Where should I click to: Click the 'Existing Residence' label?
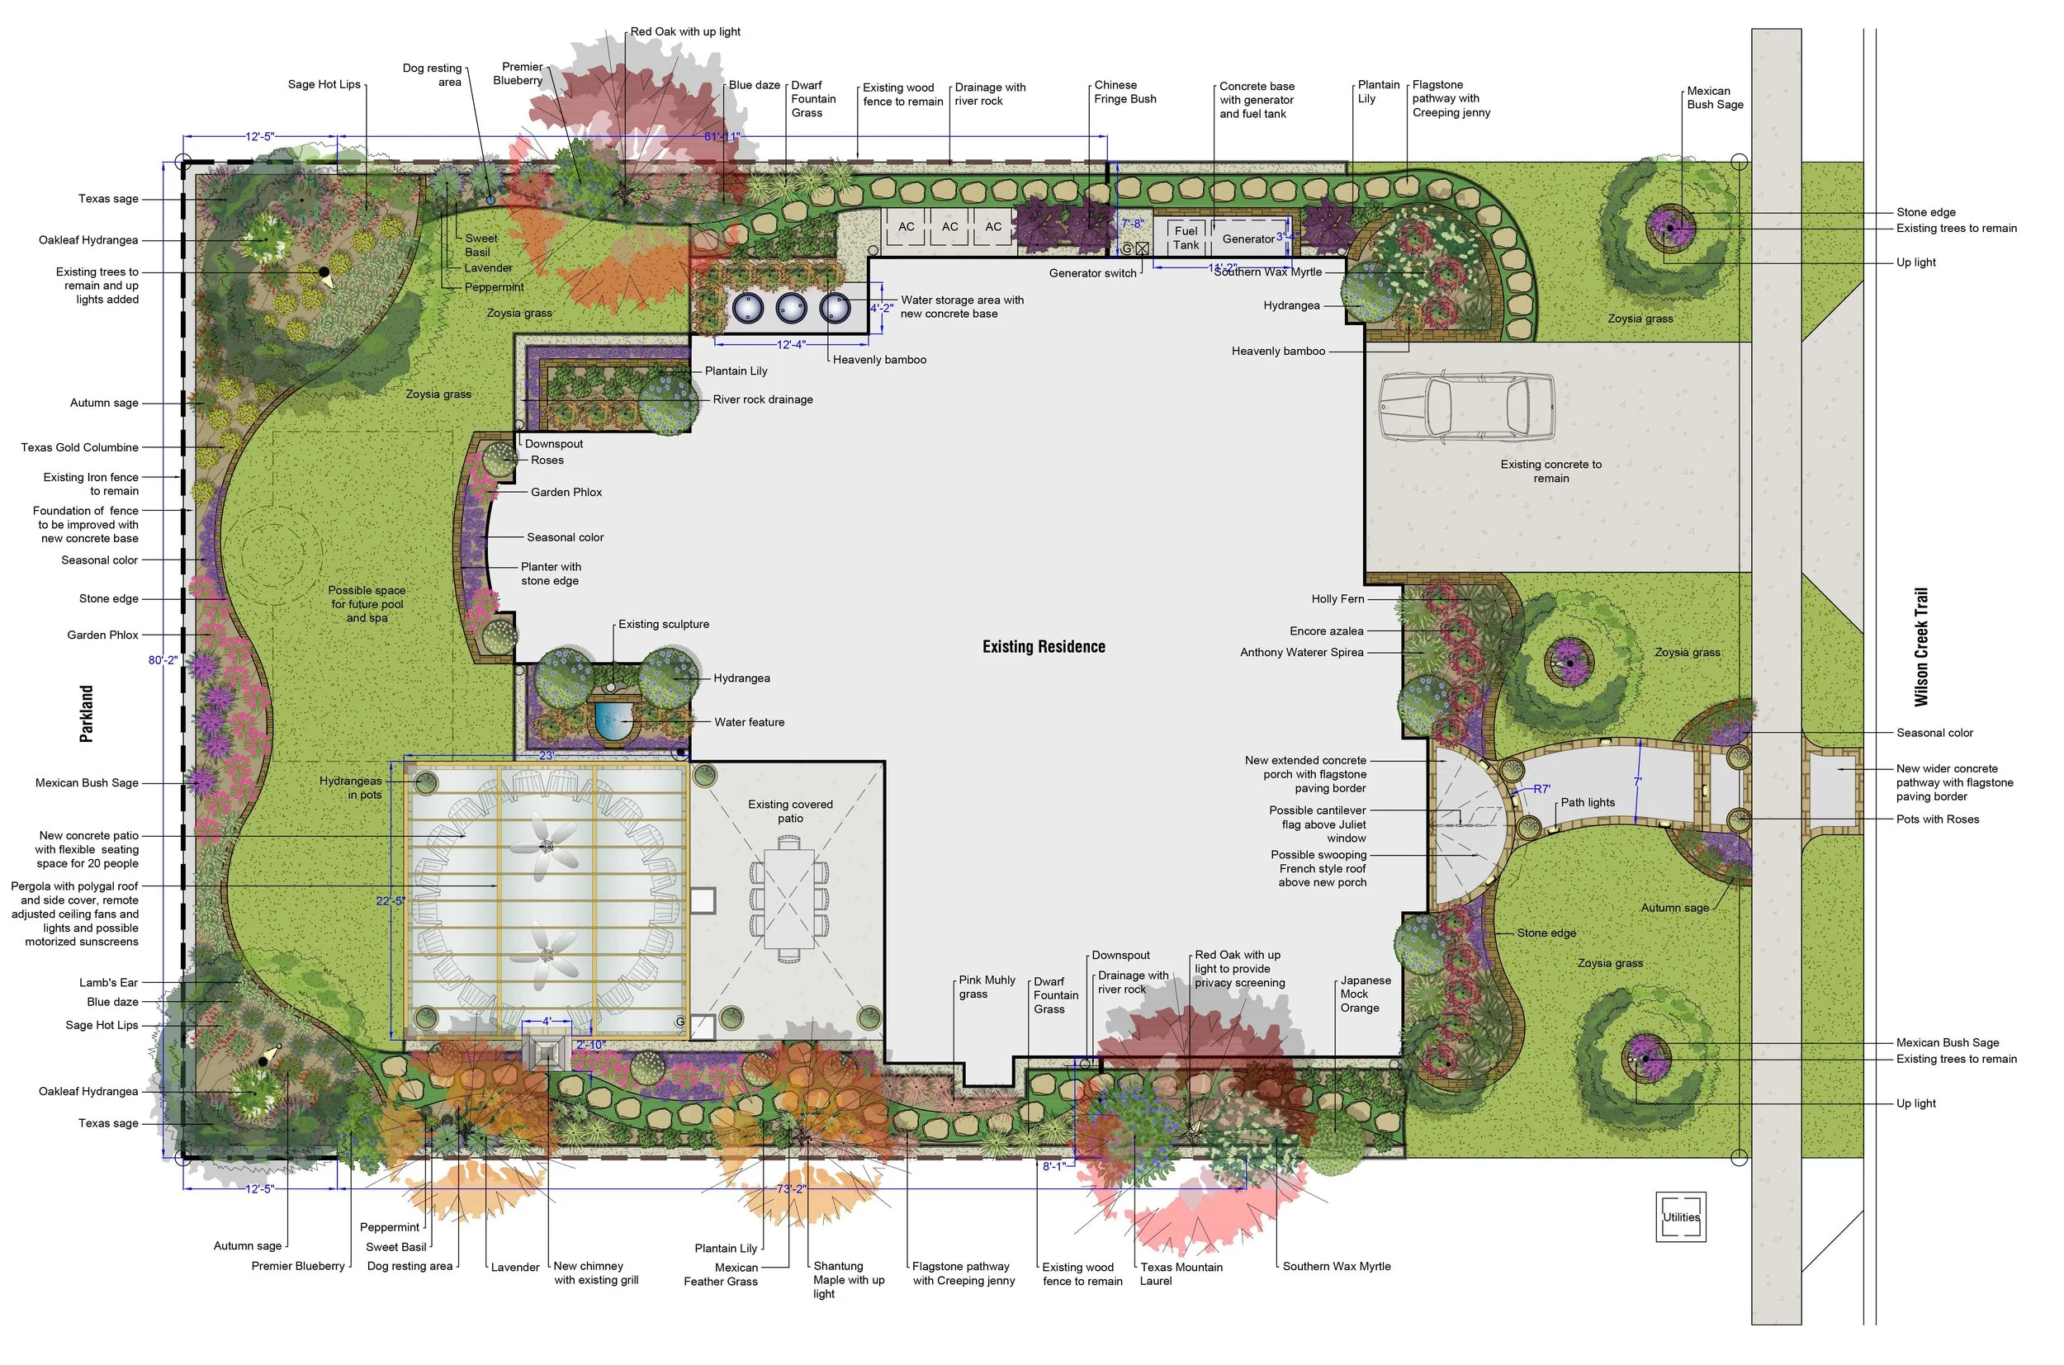pyautogui.click(x=1044, y=647)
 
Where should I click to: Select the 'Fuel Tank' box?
pyautogui.click(x=1186, y=236)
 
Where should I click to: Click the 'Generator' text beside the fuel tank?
pyautogui.click(x=1248, y=239)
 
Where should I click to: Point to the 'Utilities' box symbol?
pyautogui.click(x=1680, y=1217)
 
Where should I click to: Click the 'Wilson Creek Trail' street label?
pyautogui.click(x=1921, y=647)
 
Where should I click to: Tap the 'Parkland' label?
pyautogui.click(x=86, y=714)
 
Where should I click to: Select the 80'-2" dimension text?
pyautogui.click(x=163, y=660)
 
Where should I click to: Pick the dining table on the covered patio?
pyautogui.click(x=789, y=899)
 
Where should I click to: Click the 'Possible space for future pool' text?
pyautogui.click(x=367, y=604)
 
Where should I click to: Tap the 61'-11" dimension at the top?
pyautogui.click(x=722, y=137)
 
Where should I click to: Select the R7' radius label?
pyautogui.click(x=1541, y=790)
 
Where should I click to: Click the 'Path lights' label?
pyautogui.click(x=1588, y=803)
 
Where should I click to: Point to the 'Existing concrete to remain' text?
pyautogui.click(x=1551, y=471)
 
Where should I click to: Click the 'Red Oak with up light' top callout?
pyautogui.click(x=685, y=31)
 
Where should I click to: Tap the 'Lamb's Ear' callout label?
pyautogui.click(x=109, y=982)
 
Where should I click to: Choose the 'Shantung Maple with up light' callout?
pyautogui.click(x=848, y=1280)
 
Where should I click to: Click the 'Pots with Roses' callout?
pyautogui.click(x=1938, y=819)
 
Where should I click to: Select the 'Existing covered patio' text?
pyautogui.click(x=790, y=811)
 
